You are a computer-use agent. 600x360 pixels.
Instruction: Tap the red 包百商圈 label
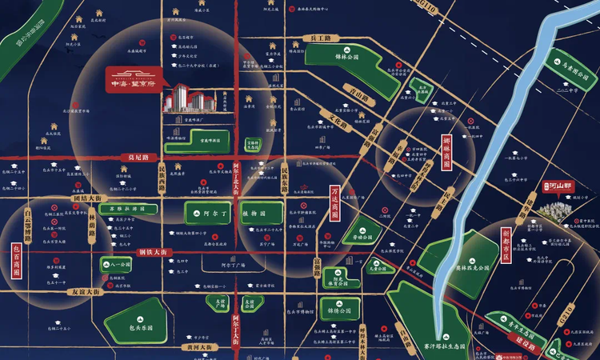[x=16, y=261]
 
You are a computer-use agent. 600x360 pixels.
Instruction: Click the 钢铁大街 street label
[x=151, y=252]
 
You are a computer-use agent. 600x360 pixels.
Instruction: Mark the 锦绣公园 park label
[x=339, y=306]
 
